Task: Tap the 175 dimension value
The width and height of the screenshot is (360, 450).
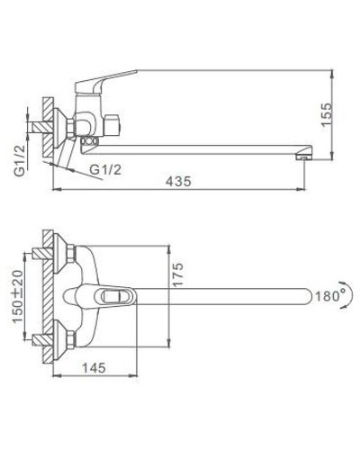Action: click(178, 272)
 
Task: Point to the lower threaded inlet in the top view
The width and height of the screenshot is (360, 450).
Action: click(40, 340)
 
